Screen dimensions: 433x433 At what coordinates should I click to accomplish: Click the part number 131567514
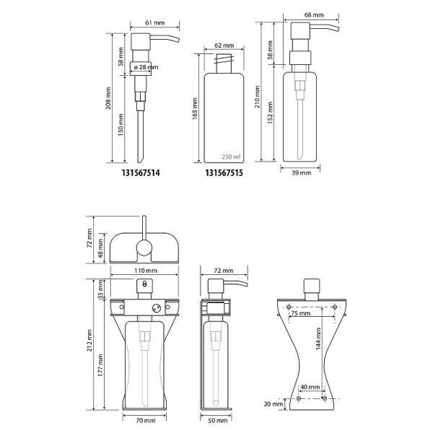(141, 173)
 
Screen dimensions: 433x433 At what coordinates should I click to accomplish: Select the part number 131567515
(224, 173)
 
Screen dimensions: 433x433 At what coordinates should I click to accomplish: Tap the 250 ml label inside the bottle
(231, 157)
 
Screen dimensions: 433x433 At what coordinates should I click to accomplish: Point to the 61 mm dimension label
(155, 22)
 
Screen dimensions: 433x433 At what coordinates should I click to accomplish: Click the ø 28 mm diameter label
(146, 67)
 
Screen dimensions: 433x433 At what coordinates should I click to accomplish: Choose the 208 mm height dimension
(108, 98)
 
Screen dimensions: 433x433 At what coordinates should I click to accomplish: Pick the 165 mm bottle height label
(195, 108)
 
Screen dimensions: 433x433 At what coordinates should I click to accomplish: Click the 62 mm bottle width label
(224, 45)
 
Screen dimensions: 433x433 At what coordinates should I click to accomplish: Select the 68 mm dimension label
(314, 15)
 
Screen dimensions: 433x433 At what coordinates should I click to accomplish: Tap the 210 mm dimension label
(258, 97)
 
